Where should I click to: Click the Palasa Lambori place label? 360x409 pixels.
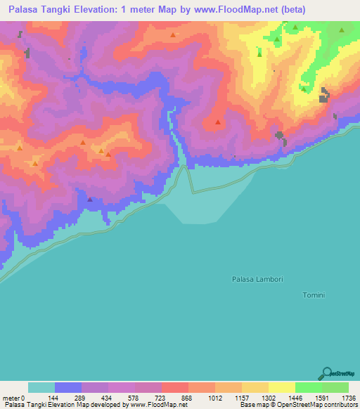click(257, 280)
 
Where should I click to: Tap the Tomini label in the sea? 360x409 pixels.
click(313, 295)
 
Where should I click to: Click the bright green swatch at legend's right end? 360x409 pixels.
click(335, 387)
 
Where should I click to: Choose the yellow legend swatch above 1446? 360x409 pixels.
click(281, 387)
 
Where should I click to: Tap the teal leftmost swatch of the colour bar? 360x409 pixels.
click(41, 387)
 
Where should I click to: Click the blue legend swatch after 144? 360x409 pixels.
click(68, 387)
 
